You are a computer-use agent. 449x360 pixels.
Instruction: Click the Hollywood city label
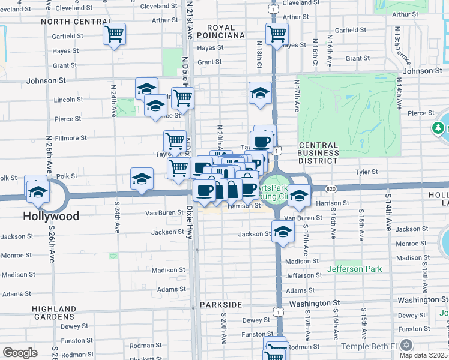click(x=51, y=215)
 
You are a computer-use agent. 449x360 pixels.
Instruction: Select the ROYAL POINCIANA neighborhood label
click(x=226, y=31)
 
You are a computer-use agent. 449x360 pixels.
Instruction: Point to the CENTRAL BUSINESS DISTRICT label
click(x=318, y=153)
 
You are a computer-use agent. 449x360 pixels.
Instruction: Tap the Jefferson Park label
click(x=354, y=269)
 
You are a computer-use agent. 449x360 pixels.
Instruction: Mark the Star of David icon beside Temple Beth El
click(x=406, y=346)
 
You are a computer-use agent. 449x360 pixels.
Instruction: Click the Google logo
click(x=20, y=353)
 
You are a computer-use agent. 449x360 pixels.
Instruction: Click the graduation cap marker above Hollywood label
click(x=37, y=191)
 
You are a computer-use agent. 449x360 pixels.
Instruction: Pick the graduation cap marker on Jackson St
click(x=282, y=232)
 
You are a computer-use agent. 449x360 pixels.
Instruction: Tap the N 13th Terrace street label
click(x=398, y=46)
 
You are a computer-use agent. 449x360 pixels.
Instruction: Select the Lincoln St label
click(x=68, y=100)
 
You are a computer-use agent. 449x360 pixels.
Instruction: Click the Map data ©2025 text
click(x=423, y=355)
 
